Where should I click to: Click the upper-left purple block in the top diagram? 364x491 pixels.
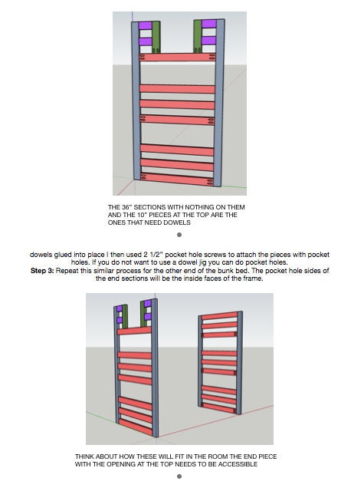146,25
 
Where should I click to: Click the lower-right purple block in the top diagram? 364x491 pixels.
209,41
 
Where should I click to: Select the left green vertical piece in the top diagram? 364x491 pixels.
156,37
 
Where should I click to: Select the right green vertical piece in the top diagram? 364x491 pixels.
198,36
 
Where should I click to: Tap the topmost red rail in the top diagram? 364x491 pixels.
177,58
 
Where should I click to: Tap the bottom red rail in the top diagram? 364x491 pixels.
177,179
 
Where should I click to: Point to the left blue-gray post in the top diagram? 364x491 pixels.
136,101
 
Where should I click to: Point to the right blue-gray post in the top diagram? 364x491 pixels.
219,103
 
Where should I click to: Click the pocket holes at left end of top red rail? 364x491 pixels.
143,57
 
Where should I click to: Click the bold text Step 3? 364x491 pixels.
42,271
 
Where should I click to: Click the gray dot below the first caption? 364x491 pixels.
179,235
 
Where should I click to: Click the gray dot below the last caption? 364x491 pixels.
179,476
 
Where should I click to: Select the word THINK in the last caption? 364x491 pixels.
84,457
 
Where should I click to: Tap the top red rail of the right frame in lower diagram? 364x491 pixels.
219,315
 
